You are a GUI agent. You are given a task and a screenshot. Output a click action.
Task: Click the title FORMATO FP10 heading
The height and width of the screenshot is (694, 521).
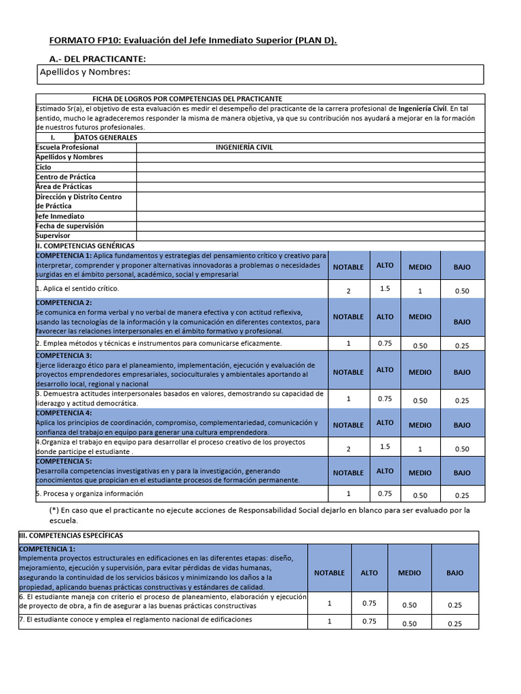(x=193, y=41)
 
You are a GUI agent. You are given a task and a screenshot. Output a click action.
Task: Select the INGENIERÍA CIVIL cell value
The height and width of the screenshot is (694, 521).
(x=244, y=147)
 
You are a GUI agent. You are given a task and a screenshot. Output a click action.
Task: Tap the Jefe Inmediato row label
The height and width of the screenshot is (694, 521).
(x=60, y=216)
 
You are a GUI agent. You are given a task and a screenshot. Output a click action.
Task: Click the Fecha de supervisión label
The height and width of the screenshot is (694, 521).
(x=69, y=226)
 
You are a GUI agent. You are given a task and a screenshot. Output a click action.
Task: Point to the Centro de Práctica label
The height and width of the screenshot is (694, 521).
(x=65, y=177)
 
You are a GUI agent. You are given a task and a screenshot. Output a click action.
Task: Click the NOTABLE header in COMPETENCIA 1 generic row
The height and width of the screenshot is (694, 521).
(x=348, y=267)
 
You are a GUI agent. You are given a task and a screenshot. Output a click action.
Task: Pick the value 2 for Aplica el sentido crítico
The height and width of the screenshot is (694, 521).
(x=348, y=291)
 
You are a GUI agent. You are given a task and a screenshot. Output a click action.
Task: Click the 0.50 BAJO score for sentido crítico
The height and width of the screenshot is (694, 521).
(x=462, y=291)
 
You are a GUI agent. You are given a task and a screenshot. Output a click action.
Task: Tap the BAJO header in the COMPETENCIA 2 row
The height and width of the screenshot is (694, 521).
(x=462, y=322)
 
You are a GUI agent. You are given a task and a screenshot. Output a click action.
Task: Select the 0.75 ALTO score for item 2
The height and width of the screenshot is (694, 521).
(x=385, y=343)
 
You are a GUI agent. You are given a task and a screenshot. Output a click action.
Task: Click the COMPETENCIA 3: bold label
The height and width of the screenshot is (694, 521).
(x=64, y=356)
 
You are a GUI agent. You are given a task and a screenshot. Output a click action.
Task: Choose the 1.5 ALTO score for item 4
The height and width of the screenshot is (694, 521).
(x=385, y=447)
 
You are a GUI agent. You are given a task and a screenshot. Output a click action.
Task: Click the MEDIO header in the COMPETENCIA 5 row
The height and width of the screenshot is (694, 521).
(x=420, y=473)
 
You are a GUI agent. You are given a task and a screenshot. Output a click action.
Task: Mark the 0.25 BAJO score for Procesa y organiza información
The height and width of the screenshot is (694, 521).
(x=462, y=496)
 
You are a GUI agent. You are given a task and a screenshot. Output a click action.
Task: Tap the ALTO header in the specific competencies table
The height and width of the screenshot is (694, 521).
(x=369, y=573)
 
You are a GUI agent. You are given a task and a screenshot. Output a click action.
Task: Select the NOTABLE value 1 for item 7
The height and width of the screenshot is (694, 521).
(x=330, y=621)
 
